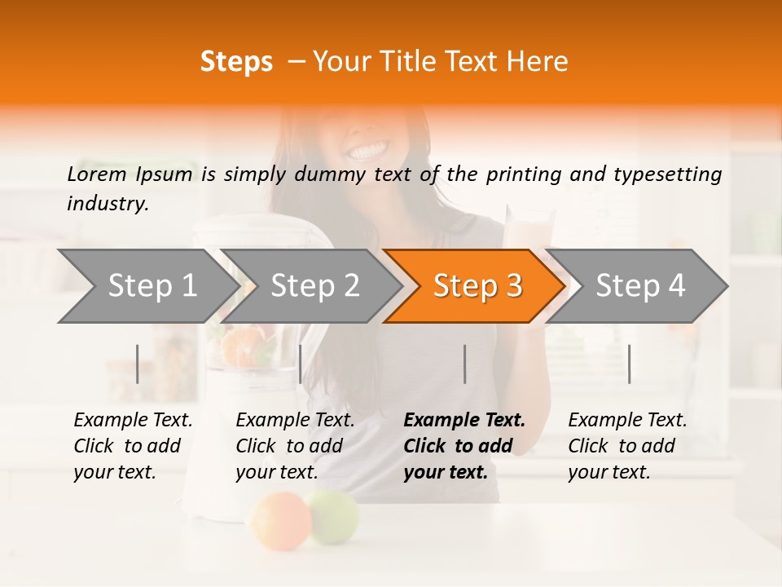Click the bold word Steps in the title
pyautogui.click(x=236, y=62)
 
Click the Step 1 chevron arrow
pyautogui.click(x=147, y=286)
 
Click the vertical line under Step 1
pyautogui.click(x=138, y=364)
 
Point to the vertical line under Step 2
pyautogui.click(x=301, y=364)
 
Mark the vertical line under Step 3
pyautogui.click(x=465, y=364)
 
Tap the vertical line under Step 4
pyautogui.click(x=630, y=364)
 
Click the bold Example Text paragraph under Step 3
pyautogui.click(x=464, y=446)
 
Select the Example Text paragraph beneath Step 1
pyautogui.click(x=133, y=446)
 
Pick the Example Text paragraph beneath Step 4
pyautogui.click(x=627, y=446)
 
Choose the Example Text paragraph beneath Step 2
pyautogui.click(x=295, y=446)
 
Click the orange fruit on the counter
pyautogui.click(x=280, y=519)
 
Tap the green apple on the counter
pyautogui.click(x=334, y=514)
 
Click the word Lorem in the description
pyautogui.click(x=97, y=174)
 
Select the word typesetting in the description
pyautogui.click(x=673, y=174)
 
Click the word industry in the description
pyautogui.click(x=107, y=204)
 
